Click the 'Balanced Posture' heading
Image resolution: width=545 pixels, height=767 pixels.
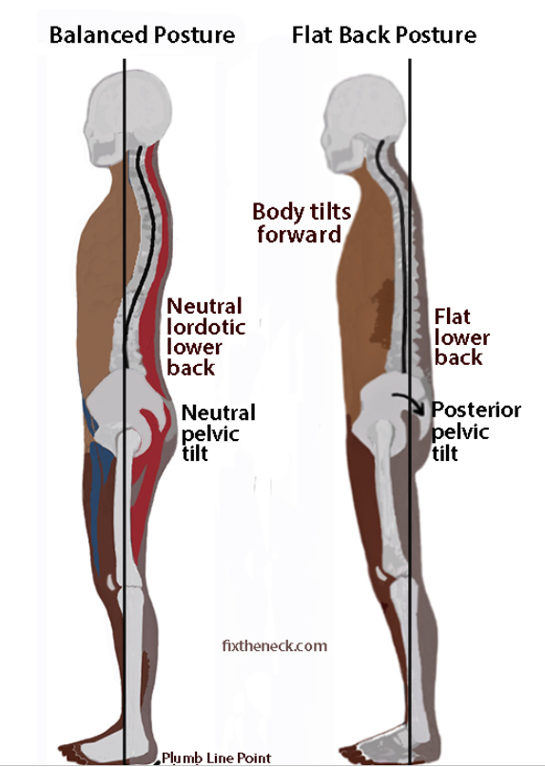142,36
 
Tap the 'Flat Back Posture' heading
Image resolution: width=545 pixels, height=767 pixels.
384,36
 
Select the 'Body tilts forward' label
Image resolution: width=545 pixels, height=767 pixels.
302,223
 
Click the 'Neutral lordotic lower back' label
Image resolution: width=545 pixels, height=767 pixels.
205,337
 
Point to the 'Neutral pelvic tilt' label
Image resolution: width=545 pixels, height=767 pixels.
219,432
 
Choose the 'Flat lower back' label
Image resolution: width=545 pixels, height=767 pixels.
461,337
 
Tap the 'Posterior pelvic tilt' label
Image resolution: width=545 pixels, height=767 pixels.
476,431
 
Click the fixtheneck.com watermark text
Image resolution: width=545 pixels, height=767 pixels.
274,645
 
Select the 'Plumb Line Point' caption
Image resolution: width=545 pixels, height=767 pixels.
216,757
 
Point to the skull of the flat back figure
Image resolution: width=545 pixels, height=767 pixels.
365,125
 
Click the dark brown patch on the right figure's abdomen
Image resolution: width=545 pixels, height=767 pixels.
382,313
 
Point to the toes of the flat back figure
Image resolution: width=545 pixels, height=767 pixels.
353,754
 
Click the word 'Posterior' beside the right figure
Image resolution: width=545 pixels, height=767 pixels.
476,410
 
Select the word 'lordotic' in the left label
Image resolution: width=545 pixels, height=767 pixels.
205,327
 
